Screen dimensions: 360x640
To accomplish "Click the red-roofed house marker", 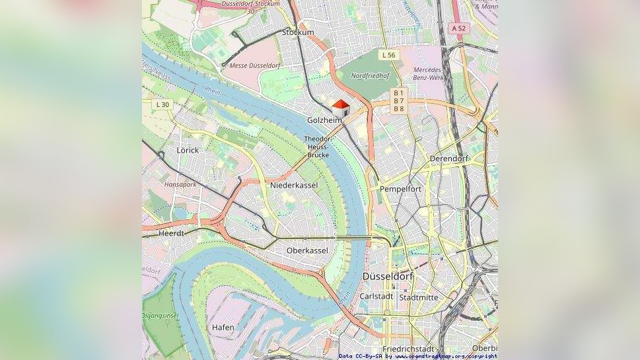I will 341,108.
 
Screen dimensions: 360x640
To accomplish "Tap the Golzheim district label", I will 324,120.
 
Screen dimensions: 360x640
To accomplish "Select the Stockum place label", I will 298,32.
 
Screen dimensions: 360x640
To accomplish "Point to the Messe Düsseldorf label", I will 256,66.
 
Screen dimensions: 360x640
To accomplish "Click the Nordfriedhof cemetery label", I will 371,75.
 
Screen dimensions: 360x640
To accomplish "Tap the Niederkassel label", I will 294,186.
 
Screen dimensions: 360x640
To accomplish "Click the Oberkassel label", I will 307,250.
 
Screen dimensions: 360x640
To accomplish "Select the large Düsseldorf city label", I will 388,276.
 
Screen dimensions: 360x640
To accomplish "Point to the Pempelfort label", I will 400,189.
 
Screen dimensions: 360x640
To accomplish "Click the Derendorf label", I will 448,159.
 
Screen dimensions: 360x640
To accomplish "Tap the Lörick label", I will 188,150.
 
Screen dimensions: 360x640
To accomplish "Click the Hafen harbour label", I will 223,328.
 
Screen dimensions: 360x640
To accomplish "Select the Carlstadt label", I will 376,297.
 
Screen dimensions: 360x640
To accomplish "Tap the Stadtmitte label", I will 419,297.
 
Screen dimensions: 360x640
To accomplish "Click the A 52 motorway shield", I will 458,28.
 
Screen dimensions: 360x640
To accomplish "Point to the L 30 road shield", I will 162,104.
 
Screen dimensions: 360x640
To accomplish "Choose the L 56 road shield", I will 388,55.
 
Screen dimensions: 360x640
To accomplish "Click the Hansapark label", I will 180,184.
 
